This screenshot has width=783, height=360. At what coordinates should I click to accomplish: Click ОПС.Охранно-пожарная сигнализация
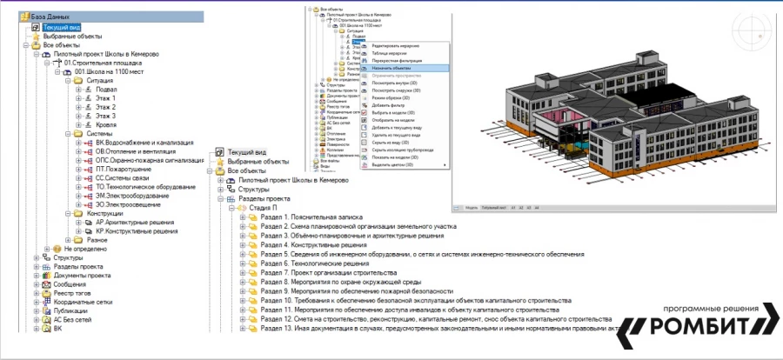click(x=151, y=161)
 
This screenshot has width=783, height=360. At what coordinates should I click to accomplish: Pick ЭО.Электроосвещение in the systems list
click(x=130, y=205)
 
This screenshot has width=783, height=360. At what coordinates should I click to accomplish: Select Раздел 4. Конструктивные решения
click(x=311, y=245)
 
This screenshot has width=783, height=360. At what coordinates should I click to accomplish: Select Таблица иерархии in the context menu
click(x=390, y=53)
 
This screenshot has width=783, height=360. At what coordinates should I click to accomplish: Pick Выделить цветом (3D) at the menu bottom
click(x=393, y=163)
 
